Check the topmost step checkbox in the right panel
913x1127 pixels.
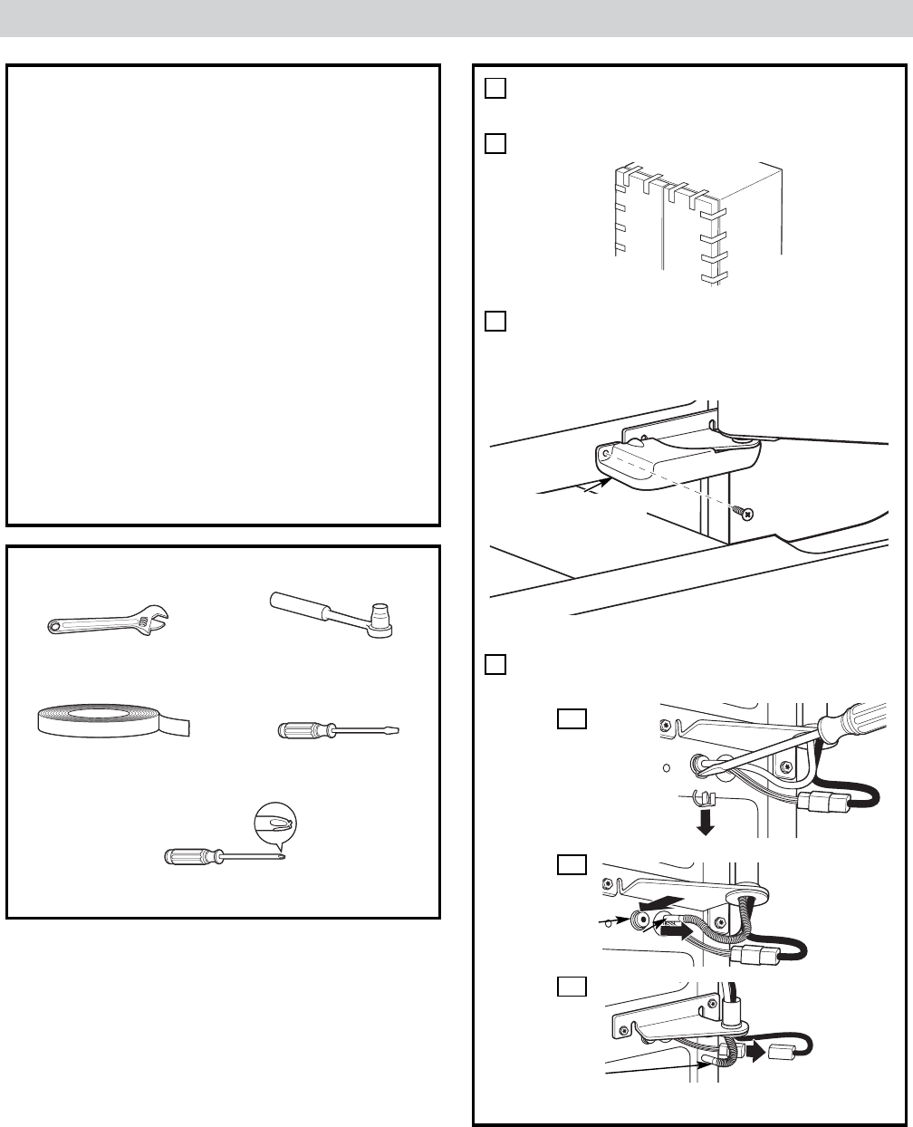494,88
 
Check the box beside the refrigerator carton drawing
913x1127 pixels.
494,144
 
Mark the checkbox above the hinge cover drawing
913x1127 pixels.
494,322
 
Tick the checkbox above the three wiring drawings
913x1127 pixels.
494,664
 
